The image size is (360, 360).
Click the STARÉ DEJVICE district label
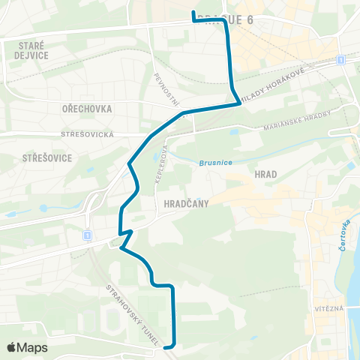pyautogui.click(x=32, y=50)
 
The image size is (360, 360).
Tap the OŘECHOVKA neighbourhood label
pyautogui.click(x=88, y=109)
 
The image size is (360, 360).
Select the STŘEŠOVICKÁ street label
pyautogui.click(x=87, y=134)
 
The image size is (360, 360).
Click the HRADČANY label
pyautogui.click(x=184, y=203)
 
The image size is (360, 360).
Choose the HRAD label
pyautogui.click(x=266, y=174)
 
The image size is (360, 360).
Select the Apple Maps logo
pyautogui.click(x=27, y=347)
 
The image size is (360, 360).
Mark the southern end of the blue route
pyautogui.click(x=166, y=346)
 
